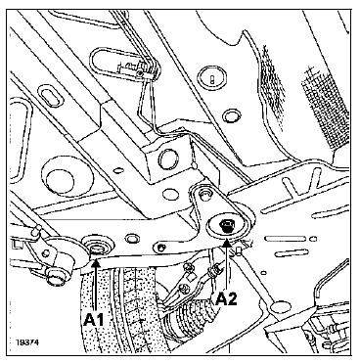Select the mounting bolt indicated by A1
(x=97, y=245)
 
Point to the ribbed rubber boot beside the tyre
(x=190, y=324)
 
